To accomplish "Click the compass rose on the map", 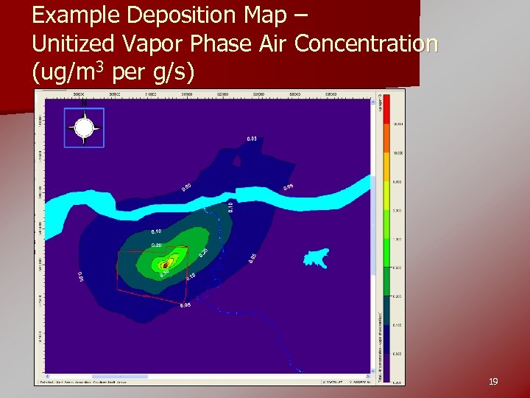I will tap(84, 128).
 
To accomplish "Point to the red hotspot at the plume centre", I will tap(167, 261).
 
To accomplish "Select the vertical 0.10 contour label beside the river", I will tap(230, 207).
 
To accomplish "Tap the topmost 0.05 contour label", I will tap(252, 139).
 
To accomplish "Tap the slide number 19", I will tap(493, 382).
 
